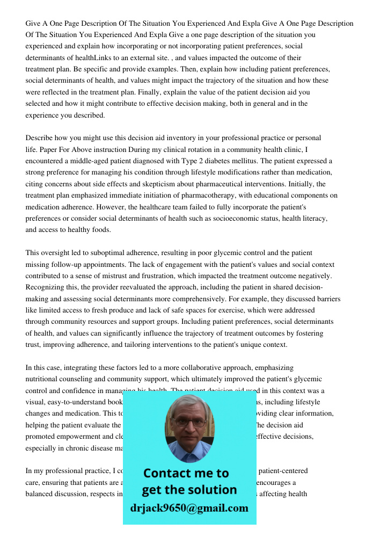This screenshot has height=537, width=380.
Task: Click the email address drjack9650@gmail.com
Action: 189,508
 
